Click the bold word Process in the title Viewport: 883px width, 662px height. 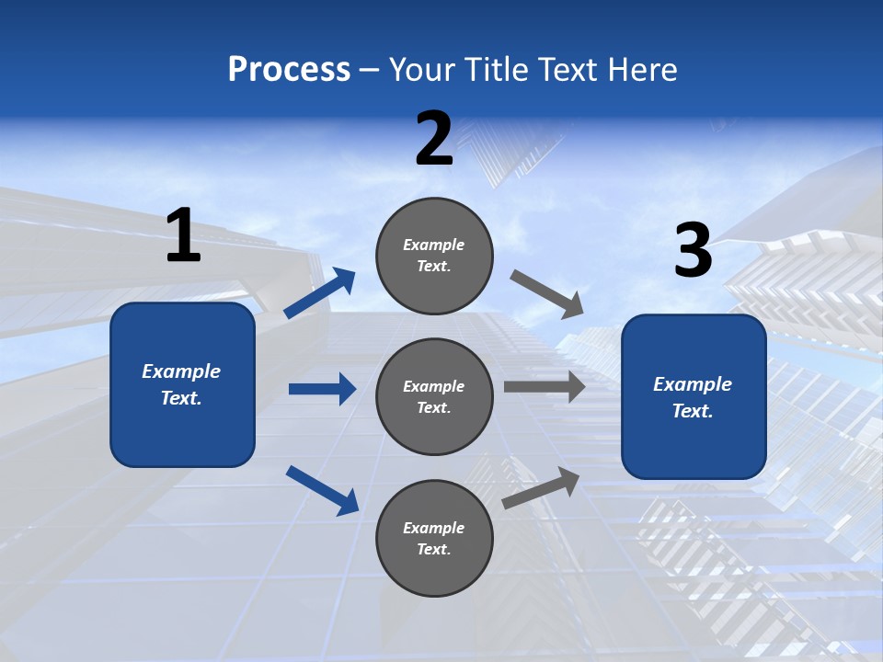point(289,70)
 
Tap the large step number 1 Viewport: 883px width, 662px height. point(183,236)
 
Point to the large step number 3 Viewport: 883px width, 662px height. point(693,251)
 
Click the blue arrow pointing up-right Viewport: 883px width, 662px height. point(321,293)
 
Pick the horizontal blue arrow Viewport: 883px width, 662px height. point(322,389)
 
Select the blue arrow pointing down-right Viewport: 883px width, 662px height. point(323,490)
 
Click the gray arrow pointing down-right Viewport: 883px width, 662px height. point(547,294)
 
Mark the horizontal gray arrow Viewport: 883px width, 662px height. point(544,387)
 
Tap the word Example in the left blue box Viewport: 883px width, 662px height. point(181,371)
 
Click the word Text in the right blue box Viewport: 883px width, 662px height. point(691,411)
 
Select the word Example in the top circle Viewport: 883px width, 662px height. point(433,245)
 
